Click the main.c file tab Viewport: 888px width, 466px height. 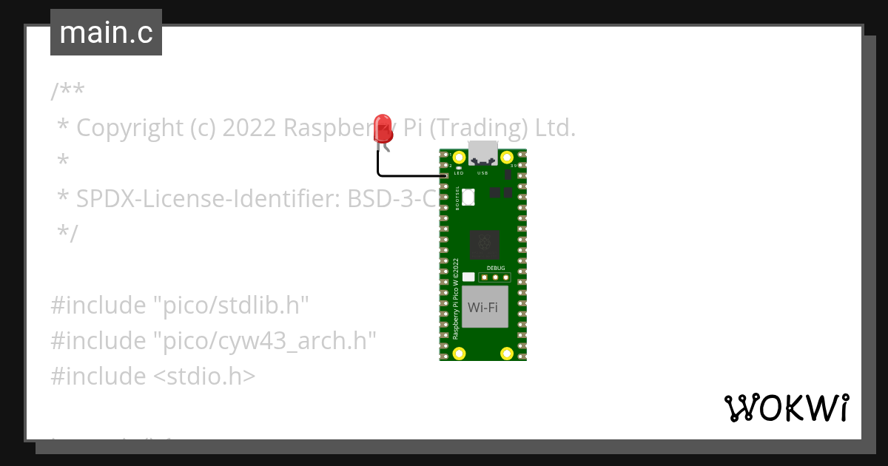click(x=106, y=33)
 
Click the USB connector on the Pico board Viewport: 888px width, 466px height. click(x=482, y=152)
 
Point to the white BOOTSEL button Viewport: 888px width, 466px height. click(x=468, y=197)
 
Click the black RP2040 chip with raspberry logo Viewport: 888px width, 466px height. click(x=484, y=243)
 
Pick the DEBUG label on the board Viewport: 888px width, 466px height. click(x=496, y=268)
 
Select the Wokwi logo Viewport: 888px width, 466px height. click(x=786, y=408)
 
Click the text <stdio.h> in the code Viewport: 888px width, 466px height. click(x=204, y=376)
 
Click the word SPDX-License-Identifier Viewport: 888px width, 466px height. click(x=208, y=199)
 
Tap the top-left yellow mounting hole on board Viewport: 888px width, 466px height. click(x=460, y=158)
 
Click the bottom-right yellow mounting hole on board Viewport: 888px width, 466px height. click(x=507, y=353)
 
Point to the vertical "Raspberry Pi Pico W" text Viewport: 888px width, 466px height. click(x=455, y=299)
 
